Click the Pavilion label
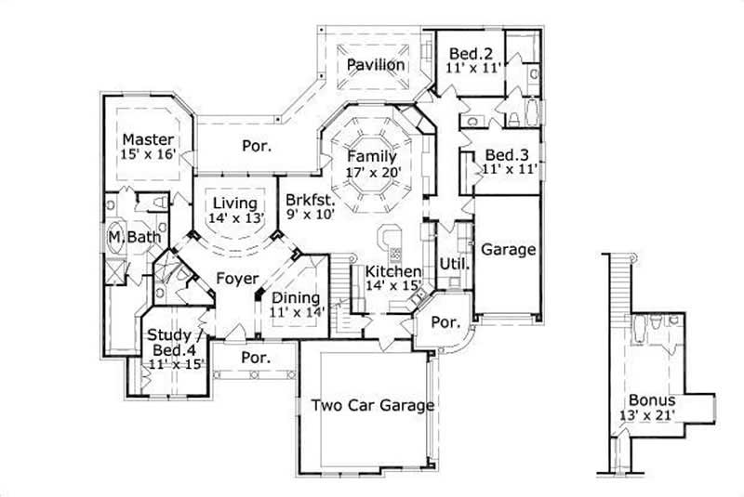tap(376, 65)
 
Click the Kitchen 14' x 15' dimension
tap(393, 286)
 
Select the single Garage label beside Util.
tap(508, 250)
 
